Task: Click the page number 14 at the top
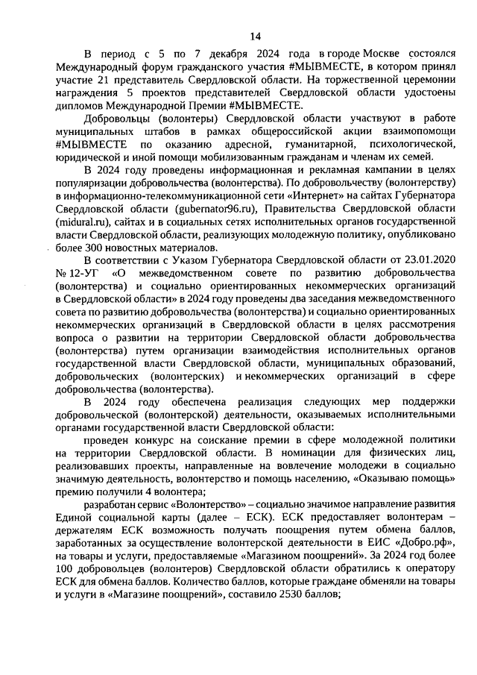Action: pos(255,36)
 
